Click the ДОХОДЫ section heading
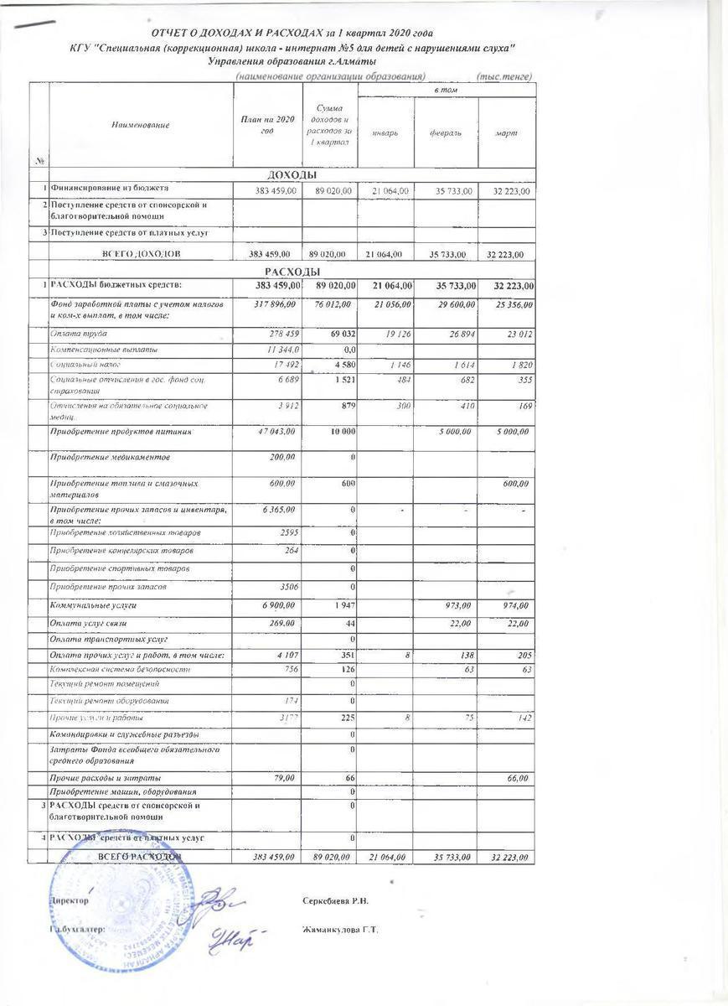tap(291, 175)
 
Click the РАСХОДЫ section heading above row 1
tap(291, 272)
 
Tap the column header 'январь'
tap(385, 133)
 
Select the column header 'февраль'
tap(447, 133)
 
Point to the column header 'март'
tap(506, 133)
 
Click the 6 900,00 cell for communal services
tap(275, 604)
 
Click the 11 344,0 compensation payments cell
tap(275, 350)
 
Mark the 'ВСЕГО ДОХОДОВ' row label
tap(139, 252)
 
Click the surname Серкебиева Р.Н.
tap(336, 901)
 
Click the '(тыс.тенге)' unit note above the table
tap(503, 77)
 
